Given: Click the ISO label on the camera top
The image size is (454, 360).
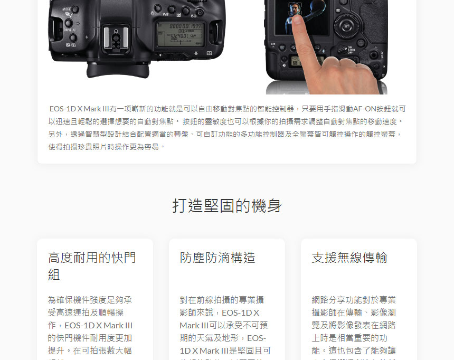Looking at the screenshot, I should point(194,16).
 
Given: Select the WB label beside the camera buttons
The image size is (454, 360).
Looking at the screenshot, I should point(166,14).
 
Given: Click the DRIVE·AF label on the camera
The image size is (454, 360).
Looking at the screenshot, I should point(70,30).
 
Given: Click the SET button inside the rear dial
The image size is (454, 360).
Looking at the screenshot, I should point(347,26).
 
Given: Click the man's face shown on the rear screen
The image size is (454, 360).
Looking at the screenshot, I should point(295,9).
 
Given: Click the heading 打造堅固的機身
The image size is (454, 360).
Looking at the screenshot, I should point(226,205).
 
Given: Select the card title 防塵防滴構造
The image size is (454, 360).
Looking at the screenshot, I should point(217,257).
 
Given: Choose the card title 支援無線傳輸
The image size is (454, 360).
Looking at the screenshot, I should point(349,257).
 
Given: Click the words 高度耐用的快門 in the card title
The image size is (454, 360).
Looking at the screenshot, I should point(92,257).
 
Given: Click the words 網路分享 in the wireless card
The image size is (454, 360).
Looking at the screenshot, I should point(328,300).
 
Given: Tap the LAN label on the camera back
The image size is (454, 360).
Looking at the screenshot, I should point(273,43).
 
